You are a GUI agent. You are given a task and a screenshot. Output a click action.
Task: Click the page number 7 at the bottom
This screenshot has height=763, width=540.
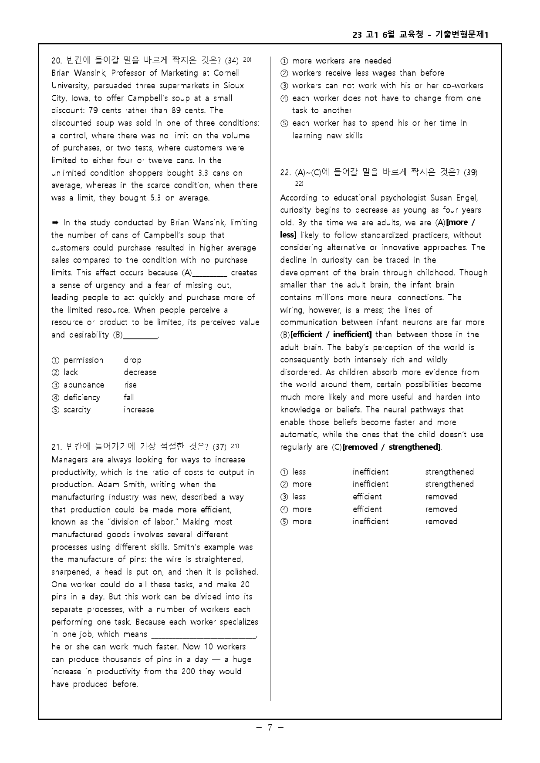tap(270, 727)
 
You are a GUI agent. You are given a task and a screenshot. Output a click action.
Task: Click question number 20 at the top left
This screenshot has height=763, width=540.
tap(57, 60)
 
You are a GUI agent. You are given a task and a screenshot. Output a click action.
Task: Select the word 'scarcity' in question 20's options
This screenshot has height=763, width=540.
tap(77, 410)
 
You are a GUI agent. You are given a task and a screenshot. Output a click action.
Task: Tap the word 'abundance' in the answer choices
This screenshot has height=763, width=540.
tap(84, 385)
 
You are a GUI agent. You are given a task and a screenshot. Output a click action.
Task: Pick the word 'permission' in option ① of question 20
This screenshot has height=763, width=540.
tap(83, 360)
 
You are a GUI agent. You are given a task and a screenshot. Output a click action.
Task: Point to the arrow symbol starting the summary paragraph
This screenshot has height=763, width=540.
tap(55, 223)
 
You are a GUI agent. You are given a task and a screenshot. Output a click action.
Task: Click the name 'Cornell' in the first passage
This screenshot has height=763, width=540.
tap(226, 73)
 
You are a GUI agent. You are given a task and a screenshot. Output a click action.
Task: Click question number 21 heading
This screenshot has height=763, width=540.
tap(57, 447)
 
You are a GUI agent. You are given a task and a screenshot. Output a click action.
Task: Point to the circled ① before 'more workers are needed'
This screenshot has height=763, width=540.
tap(284, 61)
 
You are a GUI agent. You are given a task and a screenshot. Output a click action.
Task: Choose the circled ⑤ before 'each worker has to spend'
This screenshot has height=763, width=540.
tap(284, 123)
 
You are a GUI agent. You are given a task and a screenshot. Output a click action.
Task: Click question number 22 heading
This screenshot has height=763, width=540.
tap(285, 173)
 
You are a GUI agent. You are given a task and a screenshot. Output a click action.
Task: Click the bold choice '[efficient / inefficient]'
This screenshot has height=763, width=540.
tap(331, 335)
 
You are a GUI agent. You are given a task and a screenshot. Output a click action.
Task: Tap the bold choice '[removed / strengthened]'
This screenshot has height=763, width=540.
tap(391, 447)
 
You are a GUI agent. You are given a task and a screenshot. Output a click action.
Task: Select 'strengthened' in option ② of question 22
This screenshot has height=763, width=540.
tap(449, 484)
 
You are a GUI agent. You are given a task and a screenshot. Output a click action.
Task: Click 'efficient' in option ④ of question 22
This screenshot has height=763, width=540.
tap(367, 509)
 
